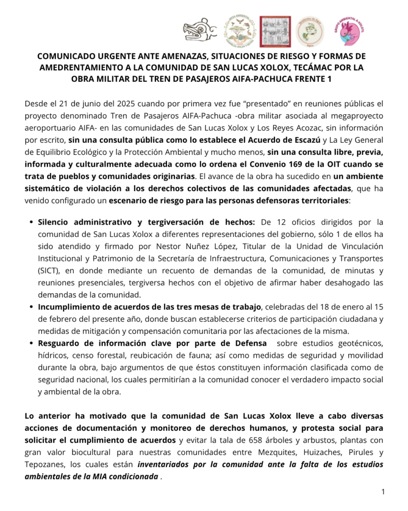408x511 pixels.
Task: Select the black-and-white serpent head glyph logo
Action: click(199, 31)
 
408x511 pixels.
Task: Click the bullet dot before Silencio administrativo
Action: click(31, 222)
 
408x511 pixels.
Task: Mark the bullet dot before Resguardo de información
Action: click(31, 343)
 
